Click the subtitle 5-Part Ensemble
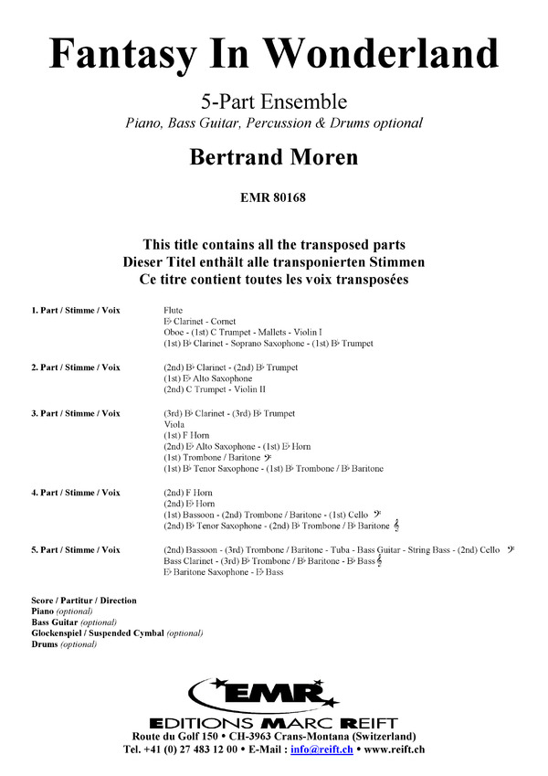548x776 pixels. [273, 101]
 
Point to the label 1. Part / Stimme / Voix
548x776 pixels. [75, 311]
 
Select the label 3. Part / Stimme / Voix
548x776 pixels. [75, 413]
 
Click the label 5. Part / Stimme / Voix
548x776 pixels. [75, 549]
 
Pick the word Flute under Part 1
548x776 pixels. [174, 311]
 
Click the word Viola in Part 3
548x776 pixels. [174, 424]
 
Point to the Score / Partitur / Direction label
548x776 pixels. [83, 601]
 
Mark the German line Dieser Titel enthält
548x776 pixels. [273, 261]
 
